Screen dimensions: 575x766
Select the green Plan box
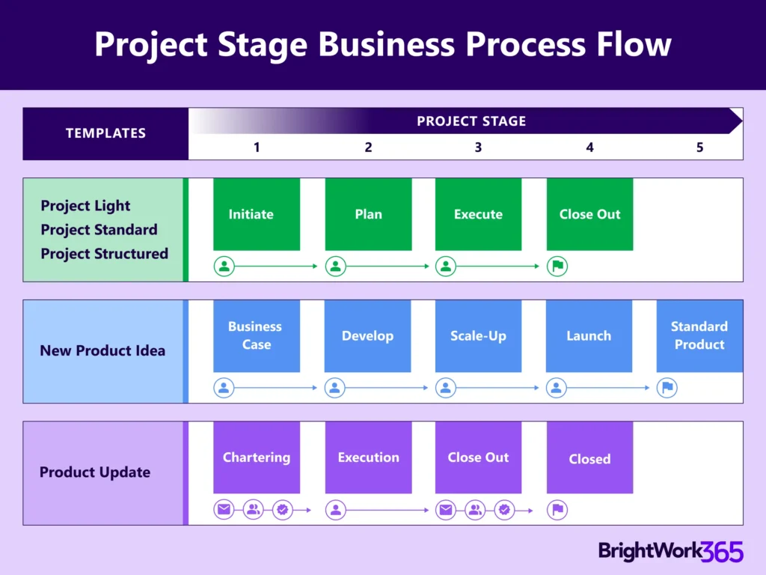368,214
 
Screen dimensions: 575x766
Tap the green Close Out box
589,214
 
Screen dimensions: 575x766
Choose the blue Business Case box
256,336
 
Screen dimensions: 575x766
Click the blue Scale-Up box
478,336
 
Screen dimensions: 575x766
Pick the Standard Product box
699,336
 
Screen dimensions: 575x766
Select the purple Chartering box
256,457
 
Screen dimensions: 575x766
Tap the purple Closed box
589,458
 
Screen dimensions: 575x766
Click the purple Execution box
368,457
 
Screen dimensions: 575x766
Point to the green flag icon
557,266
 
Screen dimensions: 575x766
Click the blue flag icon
667,388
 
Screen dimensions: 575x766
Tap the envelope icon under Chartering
224,510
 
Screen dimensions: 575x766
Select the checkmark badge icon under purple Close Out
504,510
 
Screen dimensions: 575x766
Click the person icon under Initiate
224,266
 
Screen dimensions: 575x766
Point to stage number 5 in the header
699,147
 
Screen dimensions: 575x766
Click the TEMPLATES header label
105,133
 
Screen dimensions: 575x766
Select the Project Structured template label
104,254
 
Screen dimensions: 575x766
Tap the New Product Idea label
102,350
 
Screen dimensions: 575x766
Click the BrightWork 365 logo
670,552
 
